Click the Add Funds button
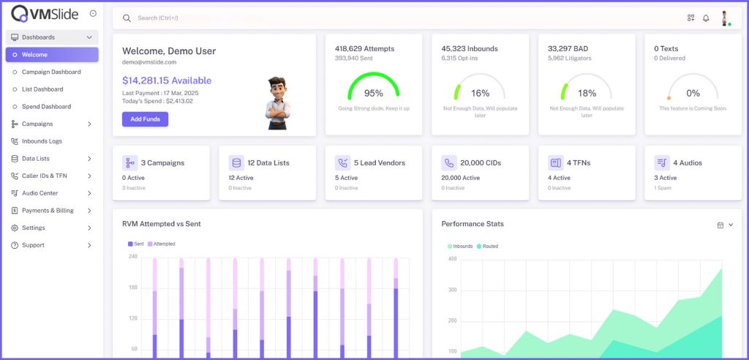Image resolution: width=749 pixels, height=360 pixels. pyautogui.click(x=145, y=119)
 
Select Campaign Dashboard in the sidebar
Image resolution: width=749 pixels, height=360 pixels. pyautogui.click(x=51, y=72)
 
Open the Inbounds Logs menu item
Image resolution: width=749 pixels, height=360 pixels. pyautogui.click(x=42, y=141)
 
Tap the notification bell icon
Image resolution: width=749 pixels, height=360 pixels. pyautogui.click(x=706, y=18)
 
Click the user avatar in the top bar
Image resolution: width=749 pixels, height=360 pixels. pyautogui.click(x=725, y=18)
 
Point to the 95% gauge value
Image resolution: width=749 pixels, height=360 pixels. pyautogui.click(x=374, y=93)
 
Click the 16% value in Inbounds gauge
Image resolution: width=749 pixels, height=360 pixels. pyautogui.click(x=481, y=93)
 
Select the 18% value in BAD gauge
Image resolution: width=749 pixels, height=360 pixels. pyautogui.click(x=587, y=93)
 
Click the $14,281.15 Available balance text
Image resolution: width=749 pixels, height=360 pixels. pyautogui.click(x=167, y=80)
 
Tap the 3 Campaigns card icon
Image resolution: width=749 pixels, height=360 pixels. pyautogui.click(x=130, y=162)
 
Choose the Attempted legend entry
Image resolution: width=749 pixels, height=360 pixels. pyautogui.click(x=163, y=244)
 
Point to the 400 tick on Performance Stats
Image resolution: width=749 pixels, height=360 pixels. pyautogui.click(x=452, y=259)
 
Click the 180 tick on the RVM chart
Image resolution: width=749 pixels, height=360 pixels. pyautogui.click(x=133, y=288)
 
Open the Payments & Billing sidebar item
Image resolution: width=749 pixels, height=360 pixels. pyautogui.click(x=48, y=211)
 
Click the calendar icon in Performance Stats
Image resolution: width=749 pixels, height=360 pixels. pyautogui.click(x=720, y=225)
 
